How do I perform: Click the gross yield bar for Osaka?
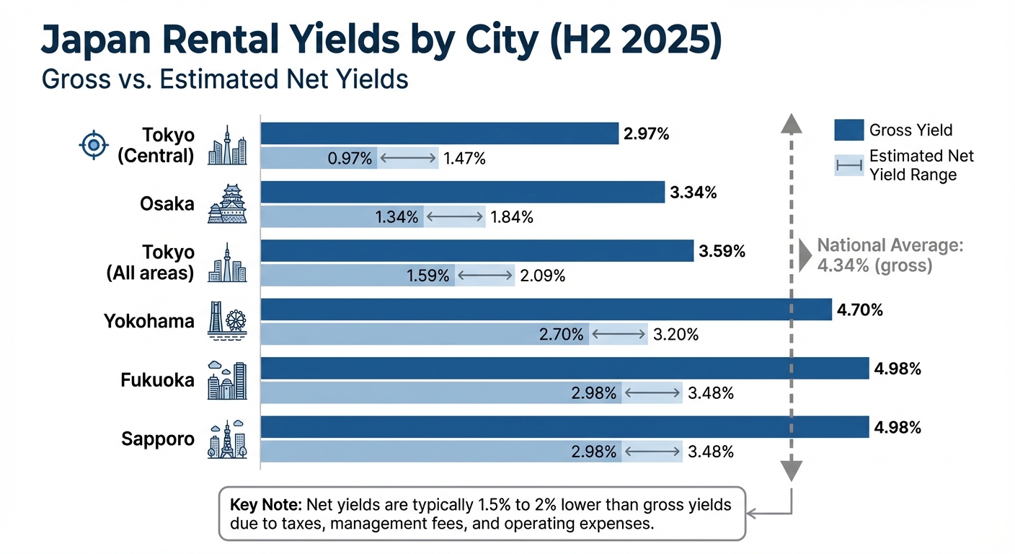tap(461, 193)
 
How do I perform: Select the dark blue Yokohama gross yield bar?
tap(546, 310)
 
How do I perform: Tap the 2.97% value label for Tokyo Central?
tap(646, 133)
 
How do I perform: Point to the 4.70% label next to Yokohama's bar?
tap(859, 310)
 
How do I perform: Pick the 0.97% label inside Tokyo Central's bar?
tap(350, 158)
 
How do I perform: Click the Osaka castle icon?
tap(227, 203)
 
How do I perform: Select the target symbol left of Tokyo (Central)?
tap(93, 146)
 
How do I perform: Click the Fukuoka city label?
tap(157, 379)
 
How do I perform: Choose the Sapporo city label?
tap(159, 439)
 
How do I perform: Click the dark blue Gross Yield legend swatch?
tap(848, 131)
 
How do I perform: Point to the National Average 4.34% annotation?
tap(889, 255)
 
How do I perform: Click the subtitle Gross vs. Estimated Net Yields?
tap(225, 79)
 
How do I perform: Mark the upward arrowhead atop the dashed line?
tap(791, 123)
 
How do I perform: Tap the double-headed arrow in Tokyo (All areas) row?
tap(484, 275)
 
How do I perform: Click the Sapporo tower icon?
tap(227, 438)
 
